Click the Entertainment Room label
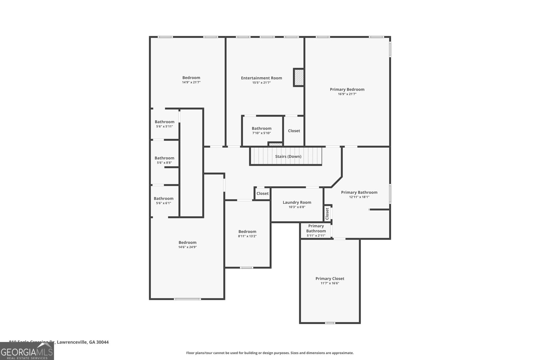click(261, 78)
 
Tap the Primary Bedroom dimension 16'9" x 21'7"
click(347, 94)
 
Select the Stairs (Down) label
click(288, 157)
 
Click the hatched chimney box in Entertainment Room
click(298, 78)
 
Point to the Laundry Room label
click(297, 202)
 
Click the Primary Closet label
click(330, 279)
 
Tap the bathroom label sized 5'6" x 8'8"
click(164, 158)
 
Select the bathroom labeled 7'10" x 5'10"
click(261, 129)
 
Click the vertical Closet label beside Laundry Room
click(327, 214)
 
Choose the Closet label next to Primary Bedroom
click(294, 131)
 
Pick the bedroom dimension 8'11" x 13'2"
click(247, 236)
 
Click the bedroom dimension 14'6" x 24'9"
click(187, 247)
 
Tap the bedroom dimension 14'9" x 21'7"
click(191, 82)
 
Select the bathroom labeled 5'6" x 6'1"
click(163, 199)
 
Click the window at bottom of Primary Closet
click(330, 323)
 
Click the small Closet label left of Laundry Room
click(262, 194)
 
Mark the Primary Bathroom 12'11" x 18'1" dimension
click(359, 197)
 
